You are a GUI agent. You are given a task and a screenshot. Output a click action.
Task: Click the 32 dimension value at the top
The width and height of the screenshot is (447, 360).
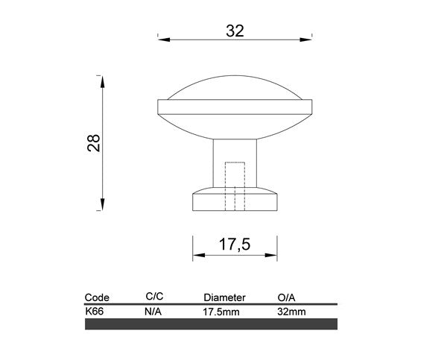235,31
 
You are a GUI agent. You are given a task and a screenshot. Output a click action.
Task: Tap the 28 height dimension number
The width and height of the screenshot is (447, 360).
94,142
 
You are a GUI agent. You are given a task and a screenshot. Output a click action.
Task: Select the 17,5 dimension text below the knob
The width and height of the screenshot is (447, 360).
235,244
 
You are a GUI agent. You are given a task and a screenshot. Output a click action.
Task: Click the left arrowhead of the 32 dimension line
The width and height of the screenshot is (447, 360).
164,40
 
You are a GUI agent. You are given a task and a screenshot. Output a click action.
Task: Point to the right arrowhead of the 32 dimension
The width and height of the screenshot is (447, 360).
306,40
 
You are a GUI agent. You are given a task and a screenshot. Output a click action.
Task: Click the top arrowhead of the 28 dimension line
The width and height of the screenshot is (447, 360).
103,82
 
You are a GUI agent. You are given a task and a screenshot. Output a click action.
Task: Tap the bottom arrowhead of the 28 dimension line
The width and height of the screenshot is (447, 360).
103,204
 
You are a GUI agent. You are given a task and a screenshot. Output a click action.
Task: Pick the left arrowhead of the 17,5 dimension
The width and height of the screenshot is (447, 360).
199,255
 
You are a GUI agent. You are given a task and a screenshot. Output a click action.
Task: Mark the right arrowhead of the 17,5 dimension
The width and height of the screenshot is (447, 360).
271,255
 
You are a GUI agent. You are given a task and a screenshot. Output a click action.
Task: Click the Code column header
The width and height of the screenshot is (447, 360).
97,297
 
